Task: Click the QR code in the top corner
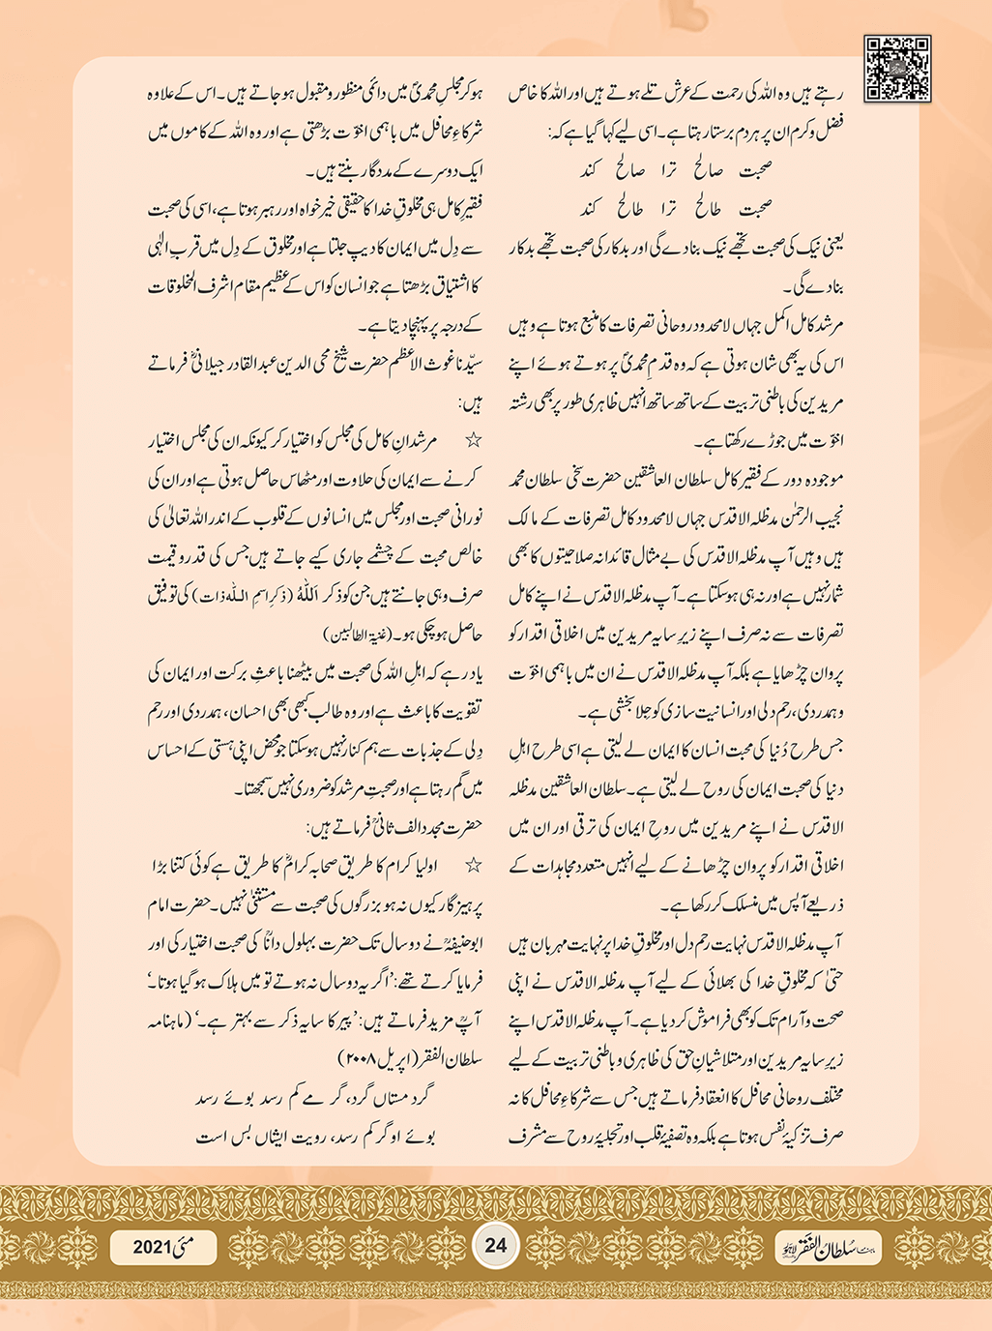896,69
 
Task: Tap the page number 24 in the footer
495,1244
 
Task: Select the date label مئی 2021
163,1246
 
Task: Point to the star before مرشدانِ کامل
474,441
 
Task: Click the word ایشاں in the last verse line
267,1138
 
